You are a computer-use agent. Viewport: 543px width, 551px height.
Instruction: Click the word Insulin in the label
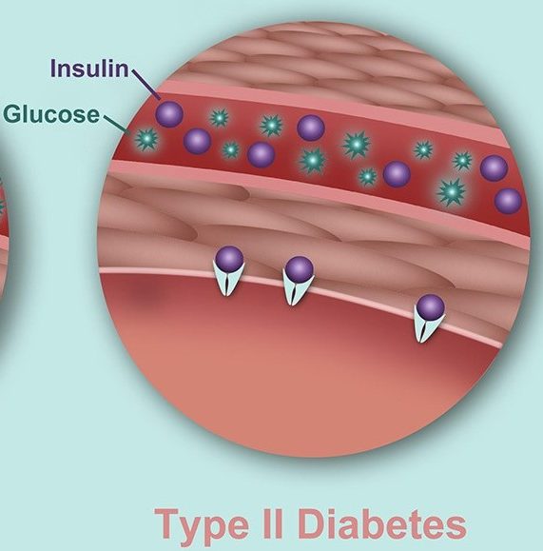(90, 69)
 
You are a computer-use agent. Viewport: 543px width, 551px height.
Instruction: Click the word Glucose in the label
(51, 114)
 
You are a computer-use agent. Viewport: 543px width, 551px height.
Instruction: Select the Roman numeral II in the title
(272, 522)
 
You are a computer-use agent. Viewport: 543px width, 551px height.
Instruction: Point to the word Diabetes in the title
(382, 522)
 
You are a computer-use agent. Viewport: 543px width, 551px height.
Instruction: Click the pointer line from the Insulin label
(145, 85)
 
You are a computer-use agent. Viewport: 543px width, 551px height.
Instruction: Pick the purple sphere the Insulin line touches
(169, 113)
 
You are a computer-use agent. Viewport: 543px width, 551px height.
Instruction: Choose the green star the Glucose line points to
(146, 139)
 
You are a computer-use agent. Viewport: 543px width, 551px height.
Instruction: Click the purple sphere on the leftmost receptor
(229, 260)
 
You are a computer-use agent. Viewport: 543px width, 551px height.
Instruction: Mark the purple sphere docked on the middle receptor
(299, 269)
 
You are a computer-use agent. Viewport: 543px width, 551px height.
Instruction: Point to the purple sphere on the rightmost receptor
(431, 307)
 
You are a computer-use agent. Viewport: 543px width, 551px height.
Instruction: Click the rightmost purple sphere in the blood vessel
(508, 201)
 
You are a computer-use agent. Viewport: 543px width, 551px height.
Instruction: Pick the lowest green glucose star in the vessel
(452, 192)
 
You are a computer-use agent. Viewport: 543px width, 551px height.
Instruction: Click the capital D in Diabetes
(312, 522)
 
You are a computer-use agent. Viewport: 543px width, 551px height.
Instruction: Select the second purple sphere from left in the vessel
(198, 141)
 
